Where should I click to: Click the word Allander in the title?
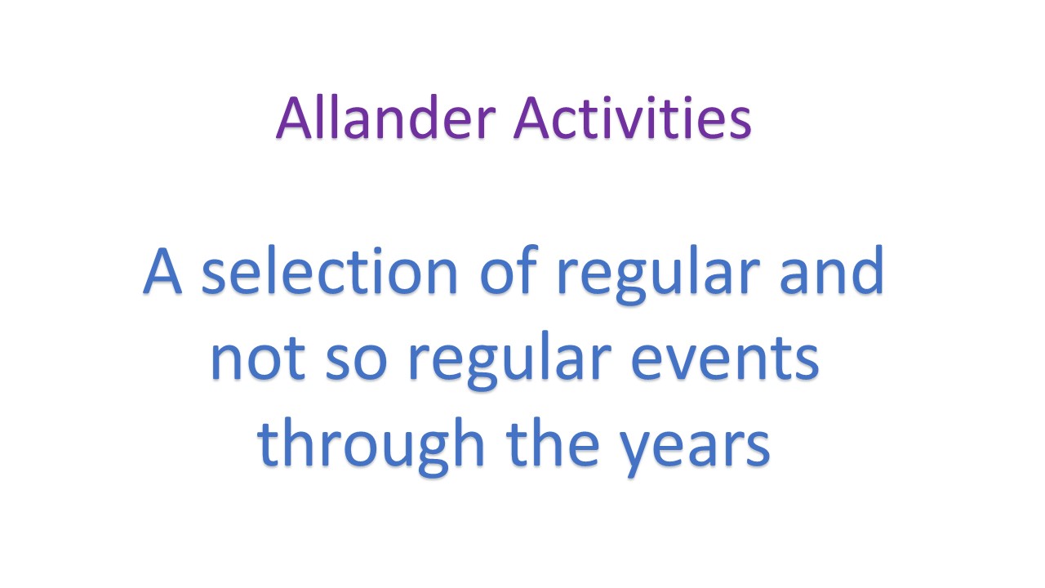[x=385, y=117]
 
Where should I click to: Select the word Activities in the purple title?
[x=632, y=117]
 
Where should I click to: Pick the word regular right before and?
[x=659, y=275]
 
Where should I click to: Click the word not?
[x=258, y=359]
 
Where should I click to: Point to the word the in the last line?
[x=553, y=443]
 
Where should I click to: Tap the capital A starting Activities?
[x=531, y=117]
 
